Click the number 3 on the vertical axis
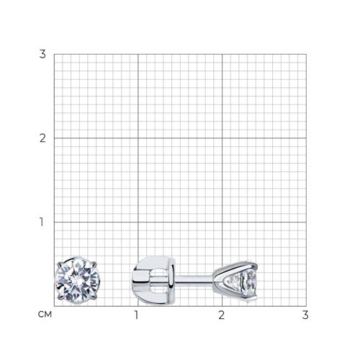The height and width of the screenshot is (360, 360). [x=42, y=54]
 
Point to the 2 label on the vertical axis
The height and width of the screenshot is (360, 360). [x=42, y=138]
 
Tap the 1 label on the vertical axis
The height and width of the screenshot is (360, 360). [x=42, y=222]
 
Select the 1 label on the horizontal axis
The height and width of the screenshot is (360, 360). [x=136, y=315]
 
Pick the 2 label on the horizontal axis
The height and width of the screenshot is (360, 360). [x=221, y=315]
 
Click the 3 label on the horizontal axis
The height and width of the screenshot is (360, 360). [x=305, y=315]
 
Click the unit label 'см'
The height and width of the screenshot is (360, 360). [x=45, y=315]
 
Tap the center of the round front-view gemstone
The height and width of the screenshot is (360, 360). [x=77, y=280]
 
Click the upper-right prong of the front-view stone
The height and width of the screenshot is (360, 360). [x=94, y=264]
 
